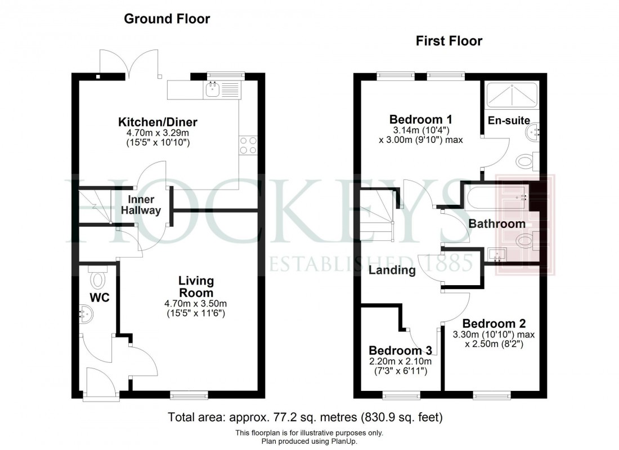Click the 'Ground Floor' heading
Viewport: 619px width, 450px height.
(167, 19)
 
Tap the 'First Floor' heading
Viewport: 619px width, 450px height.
(449, 41)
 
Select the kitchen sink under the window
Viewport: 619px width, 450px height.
(213, 89)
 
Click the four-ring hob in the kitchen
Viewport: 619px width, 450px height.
(248, 146)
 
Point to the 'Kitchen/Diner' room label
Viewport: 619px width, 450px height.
(158, 122)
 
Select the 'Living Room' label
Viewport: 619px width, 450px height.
(196, 287)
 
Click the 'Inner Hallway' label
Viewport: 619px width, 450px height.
(145, 205)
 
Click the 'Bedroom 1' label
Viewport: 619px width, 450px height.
(421, 119)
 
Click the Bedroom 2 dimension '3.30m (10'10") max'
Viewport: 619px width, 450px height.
(493, 334)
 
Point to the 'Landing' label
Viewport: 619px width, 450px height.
(392, 271)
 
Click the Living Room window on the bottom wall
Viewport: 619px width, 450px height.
(189, 395)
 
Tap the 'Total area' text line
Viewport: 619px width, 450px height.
(306, 418)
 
